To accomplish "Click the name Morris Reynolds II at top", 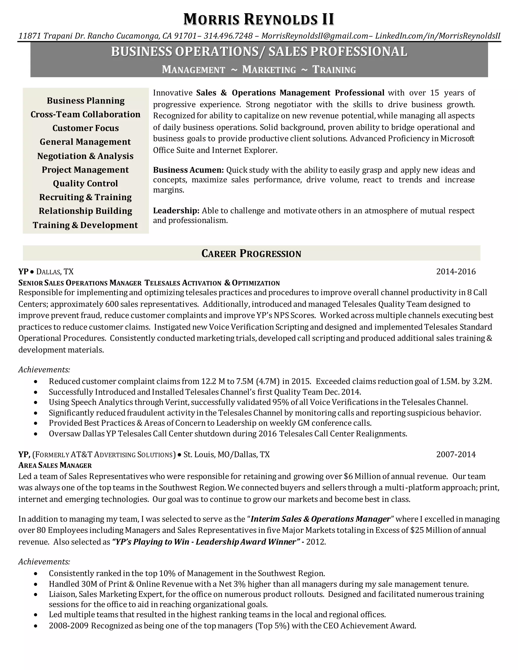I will click(x=259, y=19).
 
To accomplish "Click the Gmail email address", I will click(x=315, y=36).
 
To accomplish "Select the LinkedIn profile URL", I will click(x=438, y=36).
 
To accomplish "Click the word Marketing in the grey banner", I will click(x=269, y=70).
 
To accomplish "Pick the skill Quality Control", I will click(x=85, y=184).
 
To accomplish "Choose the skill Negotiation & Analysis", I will click(x=85, y=156).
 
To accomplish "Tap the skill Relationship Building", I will click(x=85, y=211).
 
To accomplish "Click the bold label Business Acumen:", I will click(x=188, y=170).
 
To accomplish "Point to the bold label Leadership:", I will click(x=176, y=211).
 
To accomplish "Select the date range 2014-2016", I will click(x=456, y=272).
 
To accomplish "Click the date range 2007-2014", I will click(x=456, y=455).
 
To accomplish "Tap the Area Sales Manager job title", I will click(x=55, y=466).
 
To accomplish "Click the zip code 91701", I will click(x=185, y=36).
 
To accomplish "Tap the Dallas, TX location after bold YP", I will click(x=55, y=272).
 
